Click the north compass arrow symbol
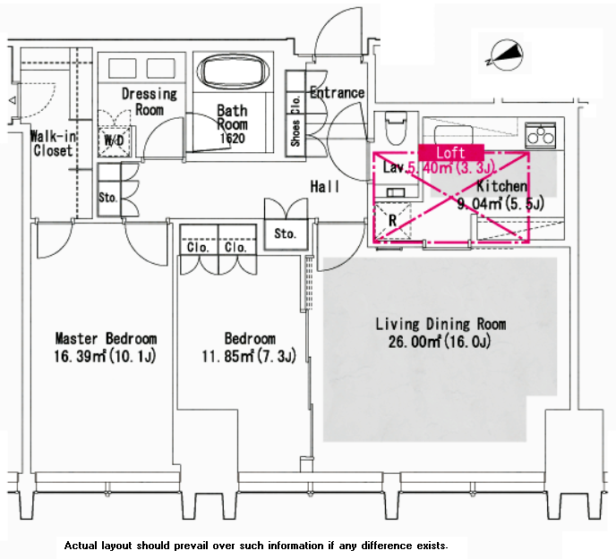(x=502, y=56)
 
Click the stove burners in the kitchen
(x=540, y=134)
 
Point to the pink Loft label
(x=450, y=152)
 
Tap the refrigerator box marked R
(x=390, y=220)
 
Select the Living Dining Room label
(x=441, y=324)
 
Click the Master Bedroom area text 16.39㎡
(x=106, y=357)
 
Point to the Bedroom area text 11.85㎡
(x=250, y=357)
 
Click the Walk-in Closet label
(x=52, y=143)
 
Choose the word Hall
(x=324, y=187)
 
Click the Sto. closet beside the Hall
(x=285, y=233)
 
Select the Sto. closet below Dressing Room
(x=107, y=197)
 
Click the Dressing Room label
(x=150, y=101)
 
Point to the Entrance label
(x=337, y=92)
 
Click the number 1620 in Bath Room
(x=232, y=139)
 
